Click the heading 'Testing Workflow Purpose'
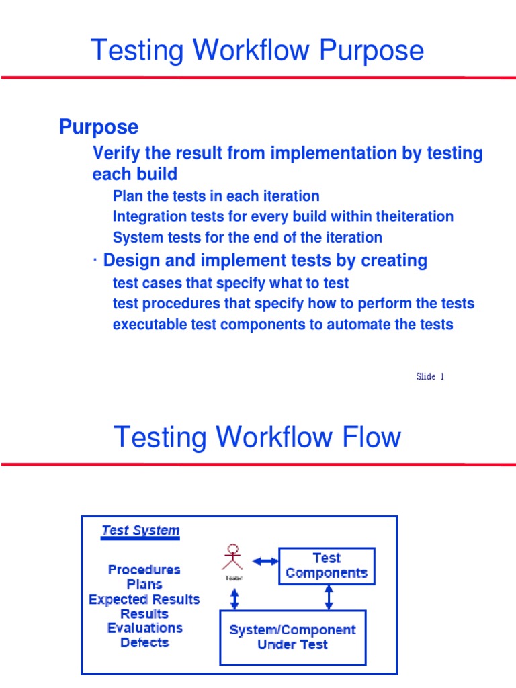click(x=257, y=51)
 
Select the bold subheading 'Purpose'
click(x=99, y=126)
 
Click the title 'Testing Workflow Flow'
click(x=257, y=437)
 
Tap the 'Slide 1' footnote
click(x=430, y=376)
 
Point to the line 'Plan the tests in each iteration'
click(x=216, y=196)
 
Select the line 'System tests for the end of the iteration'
click(x=247, y=237)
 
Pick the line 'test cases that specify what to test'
click(x=230, y=284)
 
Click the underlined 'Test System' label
click(x=140, y=531)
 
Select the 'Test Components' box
click(x=327, y=566)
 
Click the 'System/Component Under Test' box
click(x=293, y=637)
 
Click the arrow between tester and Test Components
click(x=265, y=560)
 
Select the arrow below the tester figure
click(x=233, y=597)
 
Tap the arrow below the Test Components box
click(x=329, y=597)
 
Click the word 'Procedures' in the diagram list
click(x=144, y=570)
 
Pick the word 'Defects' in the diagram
click(x=144, y=642)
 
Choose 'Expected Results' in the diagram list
click(x=144, y=599)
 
